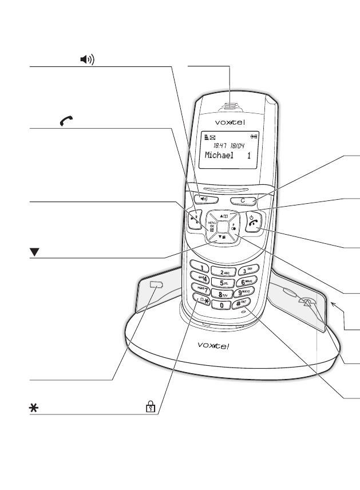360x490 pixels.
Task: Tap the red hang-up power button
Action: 254,225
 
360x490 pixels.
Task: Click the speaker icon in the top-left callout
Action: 86,59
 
